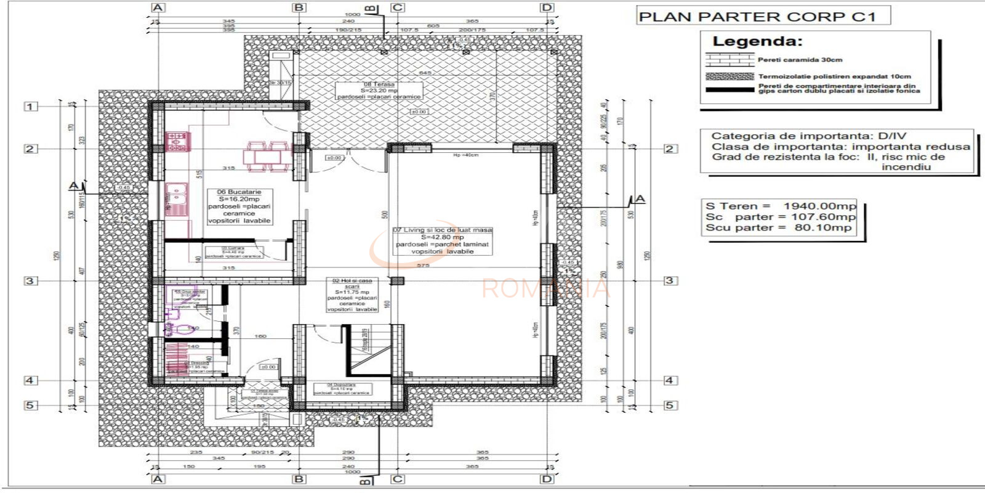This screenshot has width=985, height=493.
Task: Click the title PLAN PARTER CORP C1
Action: (757, 17)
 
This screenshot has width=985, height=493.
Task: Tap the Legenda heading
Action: (757, 42)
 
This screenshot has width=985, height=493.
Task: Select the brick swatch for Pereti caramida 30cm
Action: (730, 60)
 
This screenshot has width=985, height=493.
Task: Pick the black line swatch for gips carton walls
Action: (730, 90)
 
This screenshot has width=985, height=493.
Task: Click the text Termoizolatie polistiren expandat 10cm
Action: (834, 76)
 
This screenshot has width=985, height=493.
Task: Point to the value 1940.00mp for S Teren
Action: (819, 206)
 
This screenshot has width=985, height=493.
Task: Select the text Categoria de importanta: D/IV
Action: (808, 136)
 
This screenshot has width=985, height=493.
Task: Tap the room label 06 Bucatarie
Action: (239, 192)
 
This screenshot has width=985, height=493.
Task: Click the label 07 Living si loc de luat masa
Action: (442, 230)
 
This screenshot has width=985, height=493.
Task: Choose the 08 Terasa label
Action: (379, 84)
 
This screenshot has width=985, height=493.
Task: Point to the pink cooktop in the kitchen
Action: (176, 142)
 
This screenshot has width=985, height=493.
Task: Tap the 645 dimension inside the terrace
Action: (425, 73)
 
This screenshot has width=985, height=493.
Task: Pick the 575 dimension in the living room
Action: (423, 266)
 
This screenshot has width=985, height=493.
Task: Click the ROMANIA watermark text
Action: (545, 288)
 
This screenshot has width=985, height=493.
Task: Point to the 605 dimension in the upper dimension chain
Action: (433, 26)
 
